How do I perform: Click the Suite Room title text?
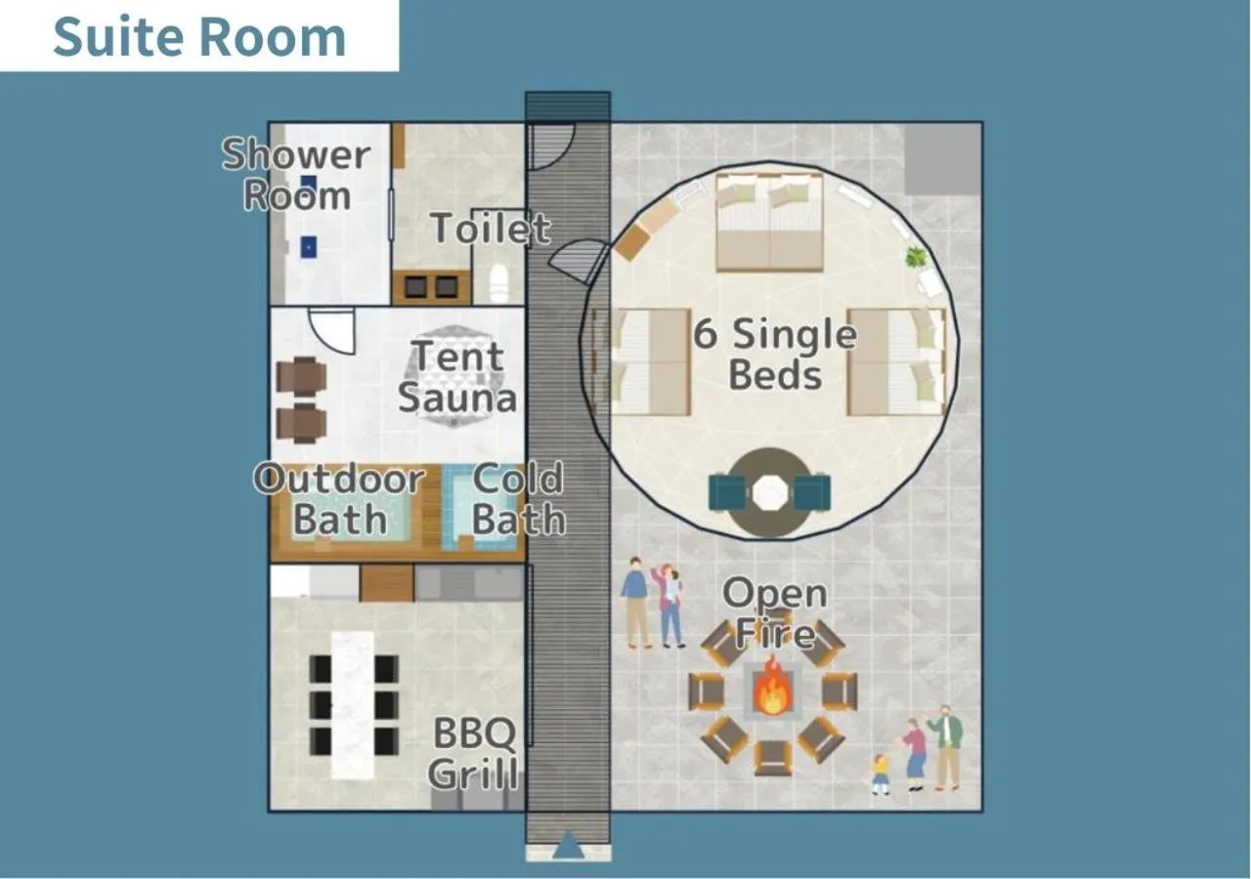199,37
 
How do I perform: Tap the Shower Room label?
296,175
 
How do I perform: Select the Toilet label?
491,229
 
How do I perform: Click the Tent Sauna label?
457,378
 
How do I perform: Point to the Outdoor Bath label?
339,499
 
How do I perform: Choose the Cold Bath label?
518,499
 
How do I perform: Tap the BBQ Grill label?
473,753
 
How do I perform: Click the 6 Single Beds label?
775,354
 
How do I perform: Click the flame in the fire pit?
772,687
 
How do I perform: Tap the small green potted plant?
916,258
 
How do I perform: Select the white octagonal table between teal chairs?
769,493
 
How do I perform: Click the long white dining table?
353,704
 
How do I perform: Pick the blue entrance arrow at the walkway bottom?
568,846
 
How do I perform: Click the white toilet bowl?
498,281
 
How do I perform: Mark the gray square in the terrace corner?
942,158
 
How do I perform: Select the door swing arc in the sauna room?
331,331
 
